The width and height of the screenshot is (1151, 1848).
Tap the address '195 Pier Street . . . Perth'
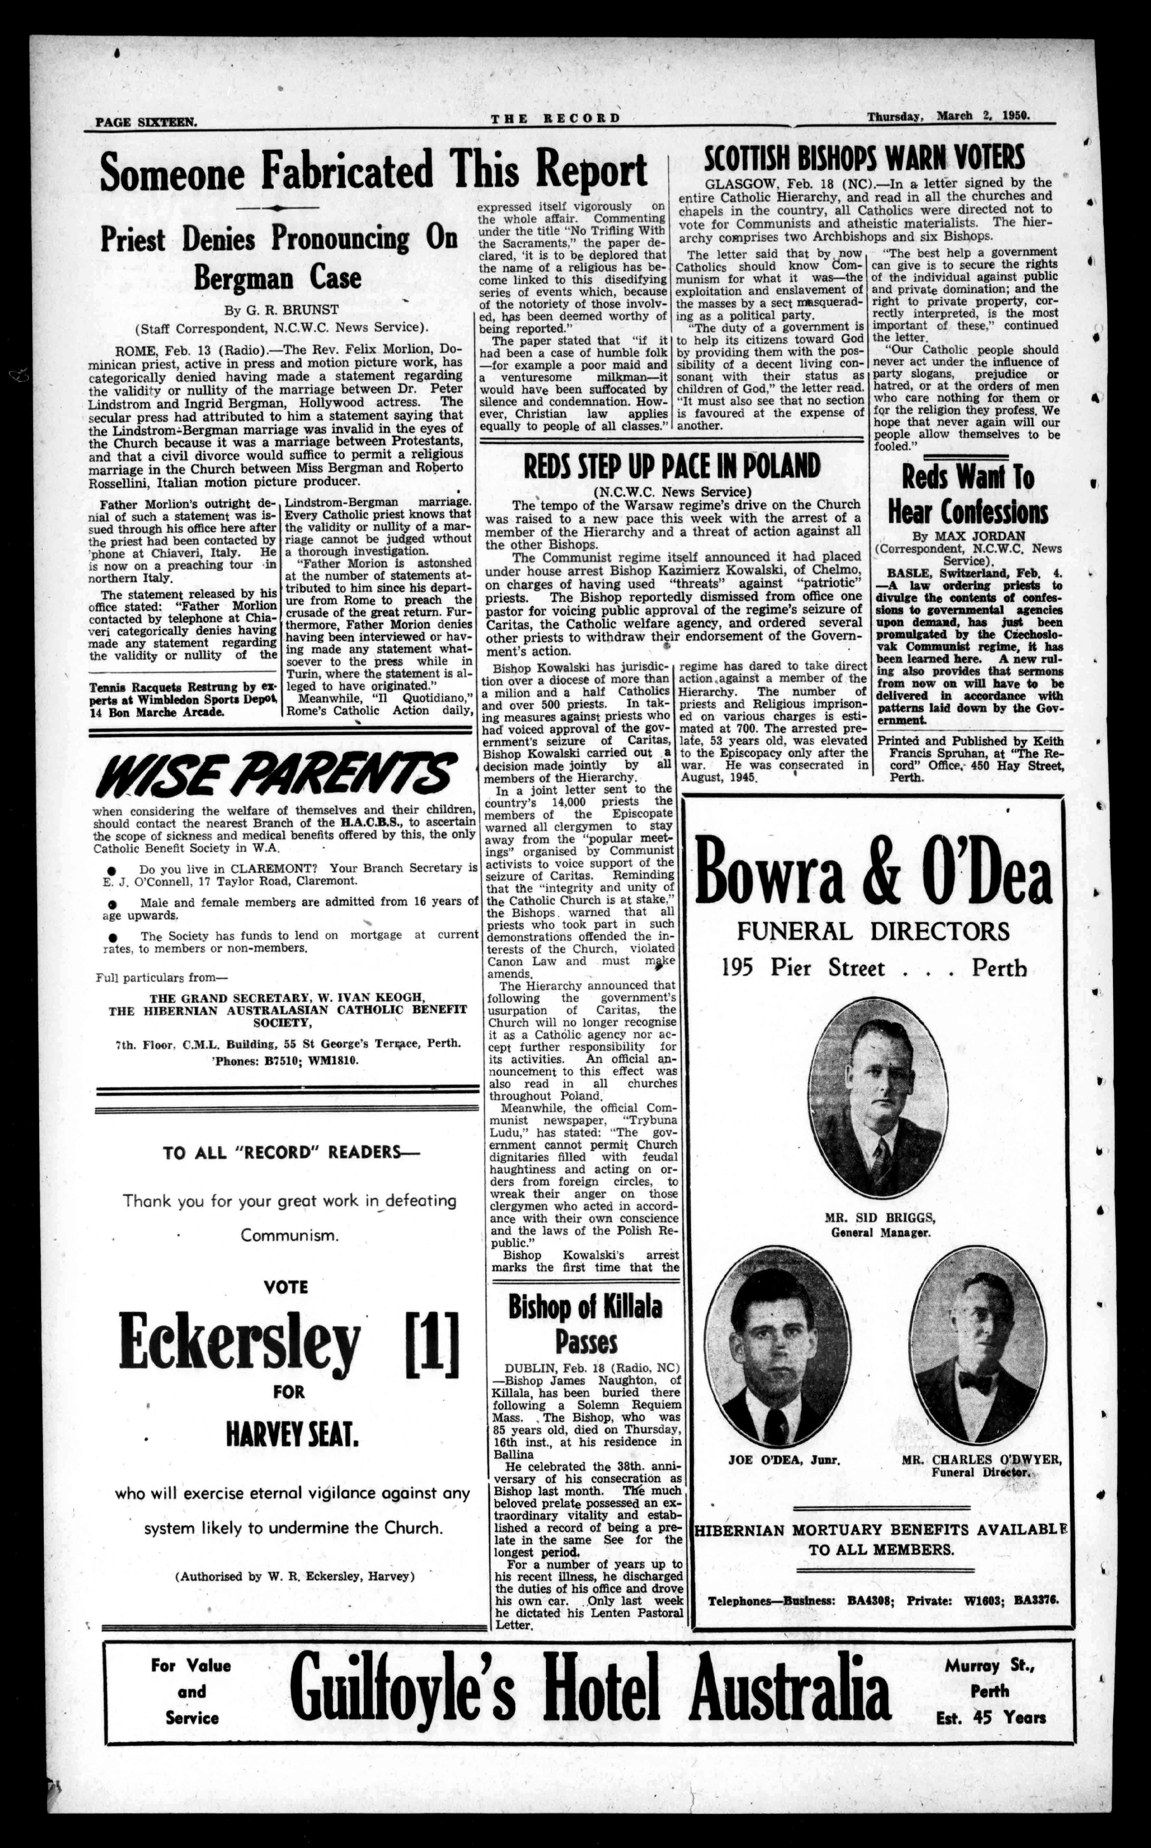[874, 968]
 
